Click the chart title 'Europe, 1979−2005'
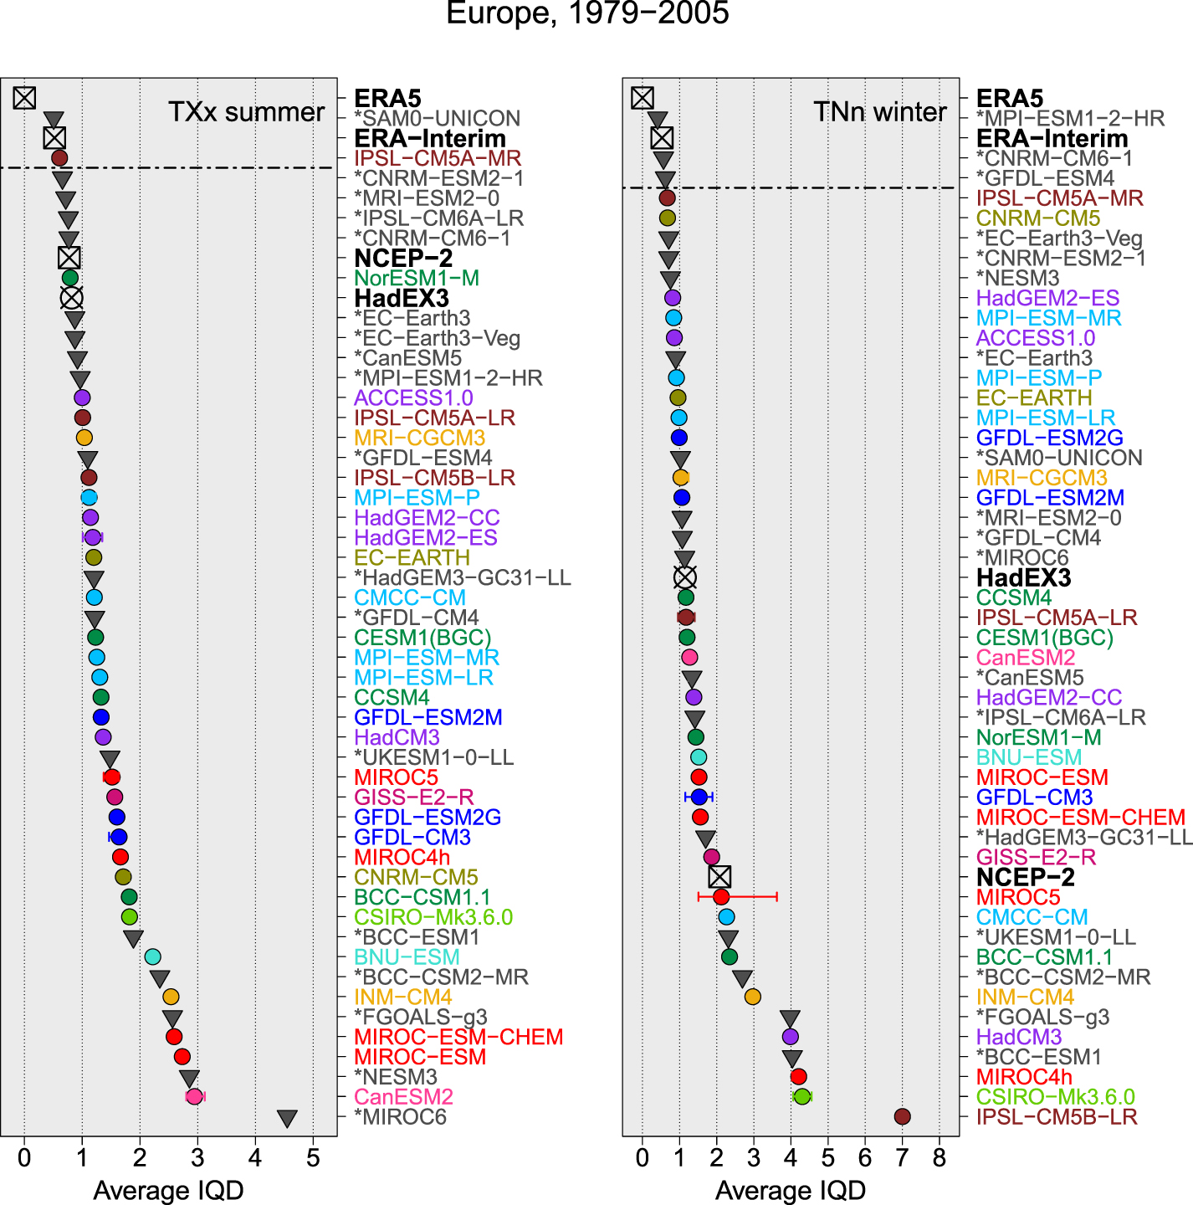[587, 13]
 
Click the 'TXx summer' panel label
[246, 112]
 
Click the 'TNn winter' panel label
[879, 112]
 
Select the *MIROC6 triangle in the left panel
[287, 1118]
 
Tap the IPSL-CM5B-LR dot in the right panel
[902, 1116]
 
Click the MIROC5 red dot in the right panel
[721, 897]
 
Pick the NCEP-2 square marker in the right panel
[719, 877]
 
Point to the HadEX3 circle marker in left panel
[72, 298]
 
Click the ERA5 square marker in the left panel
[24, 98]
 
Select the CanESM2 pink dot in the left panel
[194, 1096]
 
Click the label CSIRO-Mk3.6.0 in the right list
[1055, 1097]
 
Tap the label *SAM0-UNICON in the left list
[437, 119]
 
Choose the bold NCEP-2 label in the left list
[403, 259]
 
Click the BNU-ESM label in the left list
[407, 957]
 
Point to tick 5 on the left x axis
[313, 1158]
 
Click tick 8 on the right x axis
[940, 1158]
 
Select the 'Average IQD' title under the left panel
[168, 1190]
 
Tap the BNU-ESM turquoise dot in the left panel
[152, 956]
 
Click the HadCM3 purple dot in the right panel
[790, 1037]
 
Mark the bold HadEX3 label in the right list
[1023, 578]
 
